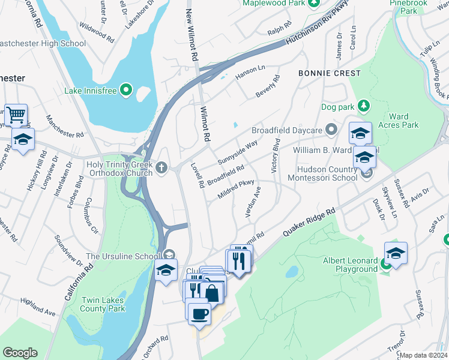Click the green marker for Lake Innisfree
(x=125, y=91)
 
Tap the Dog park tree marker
(x=363, y=106)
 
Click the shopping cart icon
(x=16, y=113)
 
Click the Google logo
(x=20, y=353)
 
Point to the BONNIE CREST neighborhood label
(x=330, y=73)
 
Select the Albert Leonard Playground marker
(x=385, y=264)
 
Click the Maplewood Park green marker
(x=313, y=3)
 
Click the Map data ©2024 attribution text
(x=424, y=355)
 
